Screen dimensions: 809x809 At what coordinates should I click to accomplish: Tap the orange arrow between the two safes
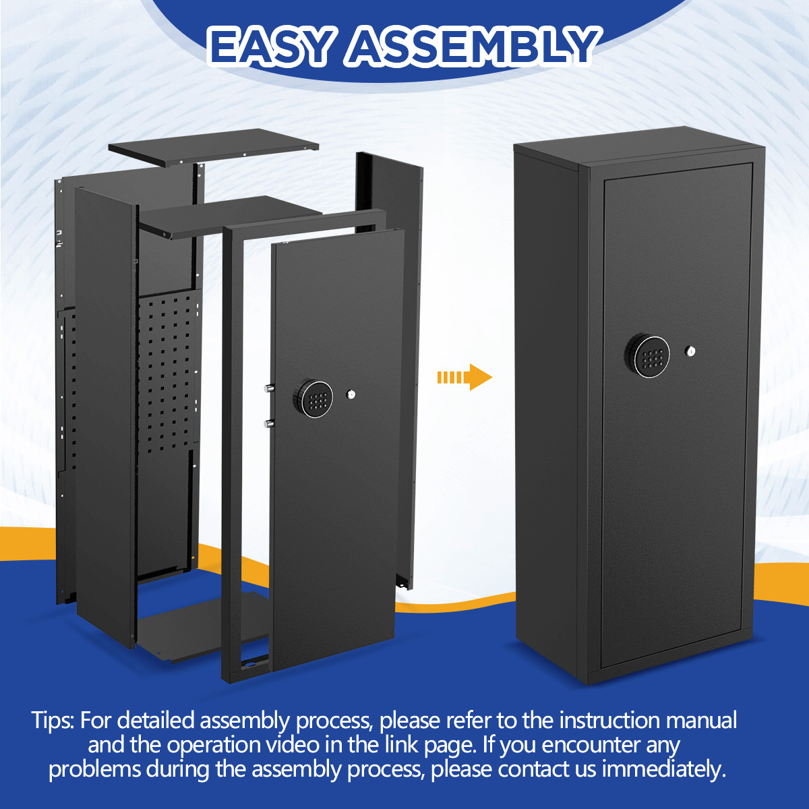click(x=465, y=377)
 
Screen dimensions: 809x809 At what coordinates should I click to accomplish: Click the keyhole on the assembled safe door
click(x=690, y=351)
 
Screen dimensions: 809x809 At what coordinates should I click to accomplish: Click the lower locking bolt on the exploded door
click(x=269, y=423)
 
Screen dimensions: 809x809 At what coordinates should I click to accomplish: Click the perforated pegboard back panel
click(x=169, y=378)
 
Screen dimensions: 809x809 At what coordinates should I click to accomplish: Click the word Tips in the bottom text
click(x=53, y=720)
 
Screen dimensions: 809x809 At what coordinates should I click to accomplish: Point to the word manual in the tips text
click(x=701, y=720)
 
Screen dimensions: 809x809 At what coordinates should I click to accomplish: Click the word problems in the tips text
click(x=94, y=769)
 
